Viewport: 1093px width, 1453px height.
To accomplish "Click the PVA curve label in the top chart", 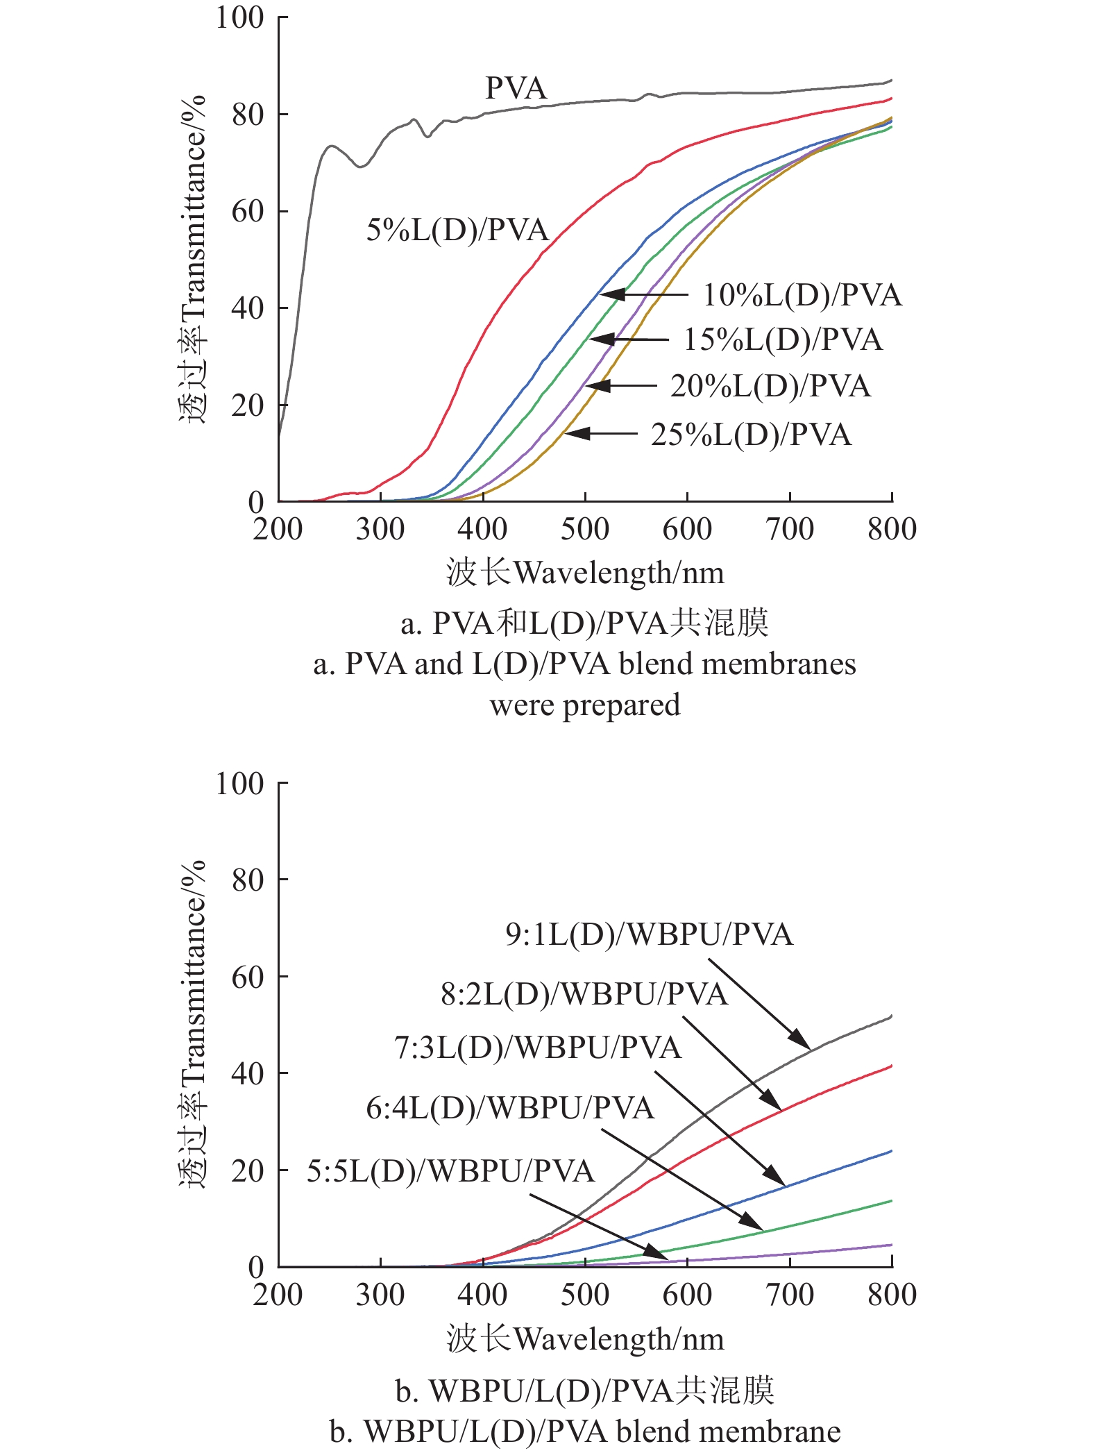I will point(516,88).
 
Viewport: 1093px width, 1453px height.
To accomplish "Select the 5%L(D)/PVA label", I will point(457,230).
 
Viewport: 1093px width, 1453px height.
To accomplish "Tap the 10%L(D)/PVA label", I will point(802,295).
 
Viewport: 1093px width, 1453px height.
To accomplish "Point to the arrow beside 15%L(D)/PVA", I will point(630,339).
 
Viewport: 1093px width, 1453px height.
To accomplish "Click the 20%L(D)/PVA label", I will point(770,386).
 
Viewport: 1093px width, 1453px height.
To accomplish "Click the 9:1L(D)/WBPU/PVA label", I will point(649,934).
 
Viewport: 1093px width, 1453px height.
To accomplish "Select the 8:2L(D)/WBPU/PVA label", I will point(584,994).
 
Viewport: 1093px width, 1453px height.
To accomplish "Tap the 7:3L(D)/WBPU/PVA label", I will point(538,1048).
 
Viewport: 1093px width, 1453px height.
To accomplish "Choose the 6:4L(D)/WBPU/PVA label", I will point(510,1108).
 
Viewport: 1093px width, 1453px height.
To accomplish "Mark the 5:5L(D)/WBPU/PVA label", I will point(451,1171).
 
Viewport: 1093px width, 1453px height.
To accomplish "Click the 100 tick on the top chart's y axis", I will point(240,17).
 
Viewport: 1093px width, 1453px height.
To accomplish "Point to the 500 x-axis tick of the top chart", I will point(585,529).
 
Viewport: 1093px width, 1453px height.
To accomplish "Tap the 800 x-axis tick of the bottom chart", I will point(892,1295).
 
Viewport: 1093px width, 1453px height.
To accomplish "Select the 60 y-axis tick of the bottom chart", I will point(248,977).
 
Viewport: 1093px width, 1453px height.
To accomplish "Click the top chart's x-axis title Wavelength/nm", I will point(585,573).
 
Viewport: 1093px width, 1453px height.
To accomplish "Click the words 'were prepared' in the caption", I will point(585,705).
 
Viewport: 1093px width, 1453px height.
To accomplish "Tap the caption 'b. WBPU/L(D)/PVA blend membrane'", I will point(585,1431).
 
